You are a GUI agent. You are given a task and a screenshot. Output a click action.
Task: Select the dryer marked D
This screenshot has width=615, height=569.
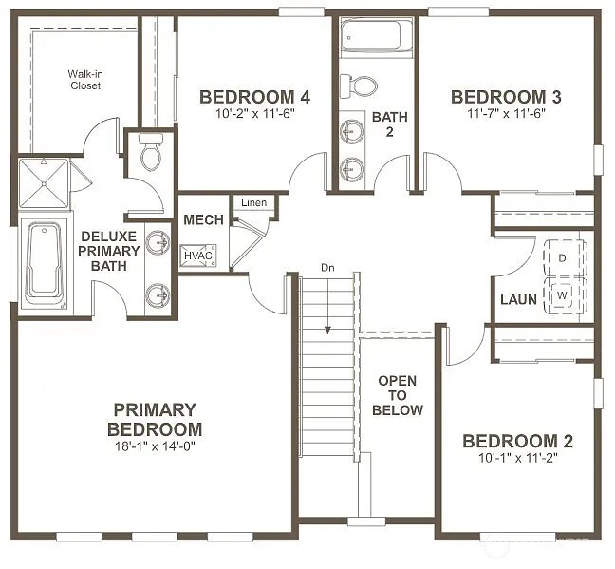click(x=562, y=258)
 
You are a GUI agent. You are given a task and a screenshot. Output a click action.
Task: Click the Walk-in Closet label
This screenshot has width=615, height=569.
click(x=84, y=80)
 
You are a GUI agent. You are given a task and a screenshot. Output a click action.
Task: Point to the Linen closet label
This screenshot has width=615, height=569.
click(x=253, y=202)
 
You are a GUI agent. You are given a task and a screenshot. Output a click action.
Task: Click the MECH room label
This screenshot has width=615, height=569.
click(x=203, y=220)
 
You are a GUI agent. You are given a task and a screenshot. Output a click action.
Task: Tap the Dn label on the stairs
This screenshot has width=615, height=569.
click(x=327, y=268)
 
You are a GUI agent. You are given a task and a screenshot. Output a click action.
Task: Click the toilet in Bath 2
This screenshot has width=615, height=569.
click(x=362, y=85)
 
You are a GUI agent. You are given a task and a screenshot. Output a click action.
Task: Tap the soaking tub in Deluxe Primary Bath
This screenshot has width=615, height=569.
click(x=43, y=262)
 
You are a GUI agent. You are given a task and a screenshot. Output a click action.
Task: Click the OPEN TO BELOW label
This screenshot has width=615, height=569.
click(x=397, y=395)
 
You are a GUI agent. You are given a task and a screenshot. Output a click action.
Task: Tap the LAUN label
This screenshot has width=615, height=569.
click(x=519, y=300)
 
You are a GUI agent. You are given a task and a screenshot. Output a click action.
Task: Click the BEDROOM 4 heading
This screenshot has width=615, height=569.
click(x=254, y=97)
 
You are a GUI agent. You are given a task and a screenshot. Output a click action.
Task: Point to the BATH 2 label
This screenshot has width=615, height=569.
click(x=389, y=123)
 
